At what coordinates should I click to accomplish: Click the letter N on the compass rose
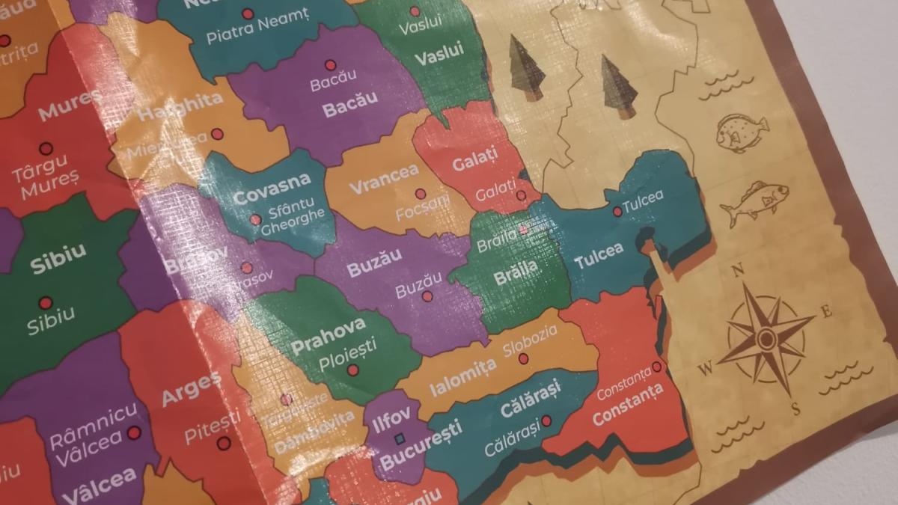tap(737, 270)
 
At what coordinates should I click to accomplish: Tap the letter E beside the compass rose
tap(826, 311)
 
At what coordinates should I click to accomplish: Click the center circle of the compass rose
tap(766, 339)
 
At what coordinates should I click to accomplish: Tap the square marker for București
tap(399, 438)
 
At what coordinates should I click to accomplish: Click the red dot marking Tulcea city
tap(617, 212)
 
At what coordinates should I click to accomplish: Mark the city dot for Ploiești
tap(352, 370)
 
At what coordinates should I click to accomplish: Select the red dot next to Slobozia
tap(524, 359)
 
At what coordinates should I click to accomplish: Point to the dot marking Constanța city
tap(656, 367)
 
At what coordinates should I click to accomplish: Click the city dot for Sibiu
tap(46, 303)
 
